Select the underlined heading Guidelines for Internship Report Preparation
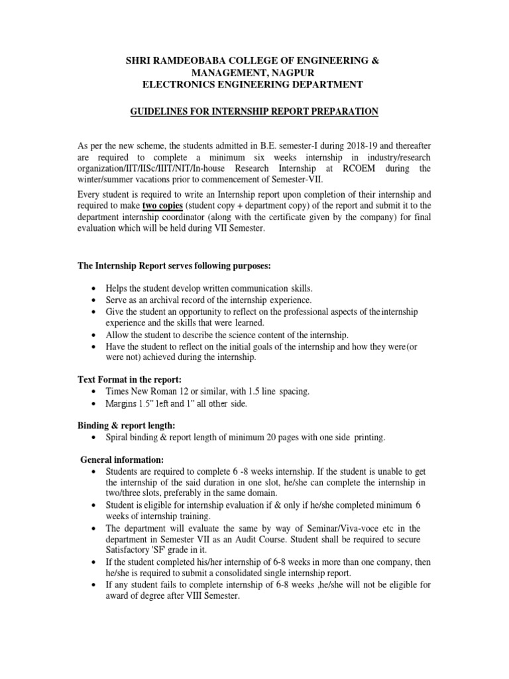point(254,112)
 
